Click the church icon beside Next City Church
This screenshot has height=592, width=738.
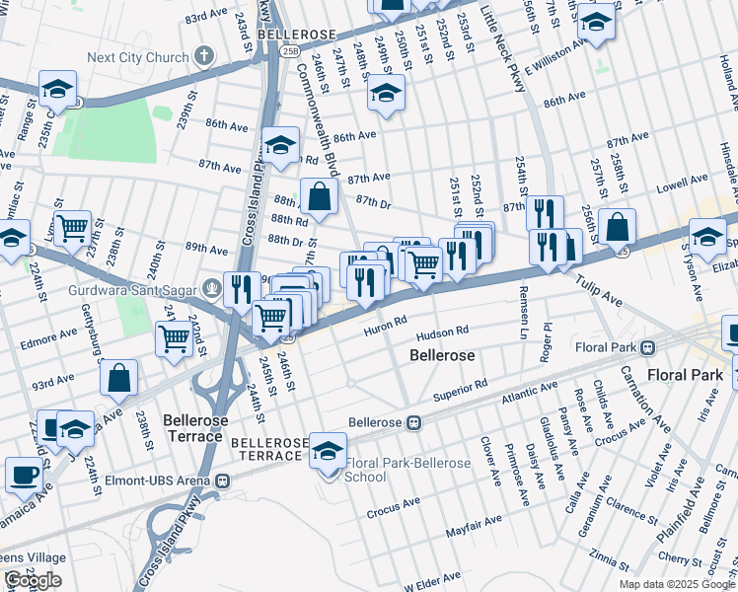click(204, 56)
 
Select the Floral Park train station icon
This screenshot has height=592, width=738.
click(648, 347)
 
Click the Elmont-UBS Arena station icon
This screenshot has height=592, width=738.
click(224, 481)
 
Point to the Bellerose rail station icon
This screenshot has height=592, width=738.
click(414, 422)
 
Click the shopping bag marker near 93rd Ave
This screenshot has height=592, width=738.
click(118, 377)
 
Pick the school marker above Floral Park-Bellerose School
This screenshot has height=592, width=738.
click(328, 450)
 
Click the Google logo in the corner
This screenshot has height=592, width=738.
click(33, 580)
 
